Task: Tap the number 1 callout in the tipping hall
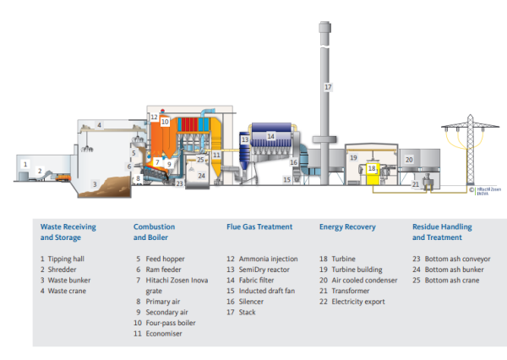click(x=26, y=163)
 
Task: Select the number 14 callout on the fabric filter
click(x=271, y=135)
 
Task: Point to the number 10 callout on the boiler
click(x=166, y=122)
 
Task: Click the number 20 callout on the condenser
click(x=408, y=159)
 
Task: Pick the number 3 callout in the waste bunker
click(x=96, y=183)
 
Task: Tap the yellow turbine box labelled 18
click(x=371, y=170)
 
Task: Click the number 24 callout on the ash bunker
click(x=201, y=176)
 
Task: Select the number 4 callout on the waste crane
click(x=98, y=126)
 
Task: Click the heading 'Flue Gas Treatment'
click(x=259, y=226)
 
